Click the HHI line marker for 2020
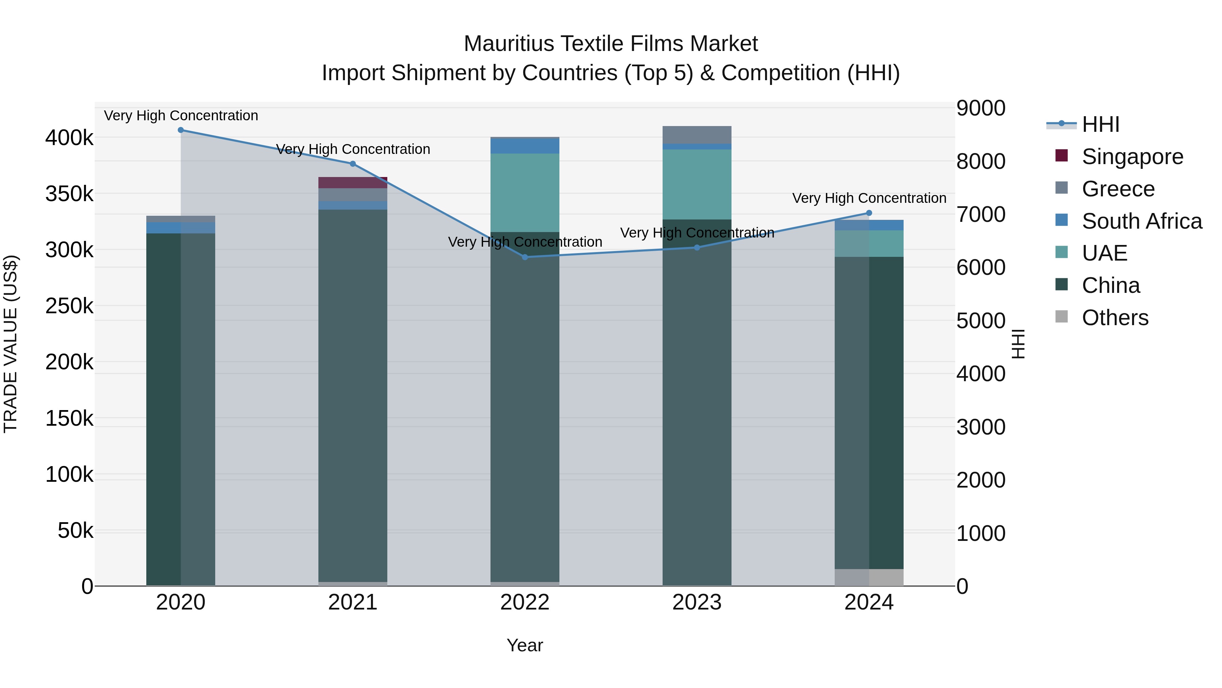(181, 130)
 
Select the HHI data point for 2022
(525, 257)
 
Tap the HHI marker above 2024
(869, 213)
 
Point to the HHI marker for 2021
(352, 164)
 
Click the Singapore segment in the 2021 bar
(352, 183)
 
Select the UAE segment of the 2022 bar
(525, 192)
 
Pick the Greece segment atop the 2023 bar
(697, 135)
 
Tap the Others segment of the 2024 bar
(869, 577)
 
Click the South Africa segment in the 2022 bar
(525, 146)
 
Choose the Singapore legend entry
(1132, 157)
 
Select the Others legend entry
(1115, 318)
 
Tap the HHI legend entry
(1100, 124)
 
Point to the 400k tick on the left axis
(69, 138)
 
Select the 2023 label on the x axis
(697, 602)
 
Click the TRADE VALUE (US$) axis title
(11, 344)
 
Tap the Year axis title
(525, 645)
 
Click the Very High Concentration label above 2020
(181, 116)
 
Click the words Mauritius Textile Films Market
(611, 44)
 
